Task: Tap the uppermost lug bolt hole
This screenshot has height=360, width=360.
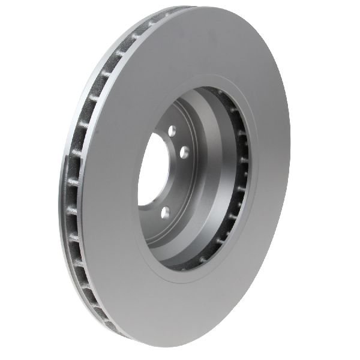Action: point(172,131)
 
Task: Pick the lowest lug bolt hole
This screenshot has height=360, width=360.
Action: point(166,211)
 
